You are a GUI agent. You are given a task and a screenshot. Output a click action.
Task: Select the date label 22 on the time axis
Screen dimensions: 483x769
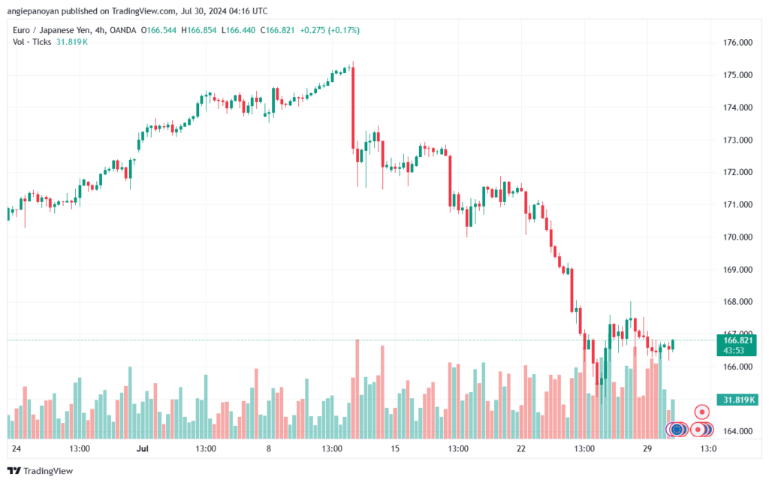(521, 448)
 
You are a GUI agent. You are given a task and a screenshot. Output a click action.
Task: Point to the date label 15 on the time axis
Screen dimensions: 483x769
(395, 448)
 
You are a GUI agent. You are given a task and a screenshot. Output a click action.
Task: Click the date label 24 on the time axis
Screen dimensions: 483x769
(17, 448)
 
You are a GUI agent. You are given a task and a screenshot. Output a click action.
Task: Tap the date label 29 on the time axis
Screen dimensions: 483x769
(647, 448)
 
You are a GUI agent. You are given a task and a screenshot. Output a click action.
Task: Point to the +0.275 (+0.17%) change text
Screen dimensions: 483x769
(330, 30)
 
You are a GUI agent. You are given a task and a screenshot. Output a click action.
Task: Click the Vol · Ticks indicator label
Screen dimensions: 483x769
(31, 41)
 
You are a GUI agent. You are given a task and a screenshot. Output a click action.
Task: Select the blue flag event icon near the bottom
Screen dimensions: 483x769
(677, 430)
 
